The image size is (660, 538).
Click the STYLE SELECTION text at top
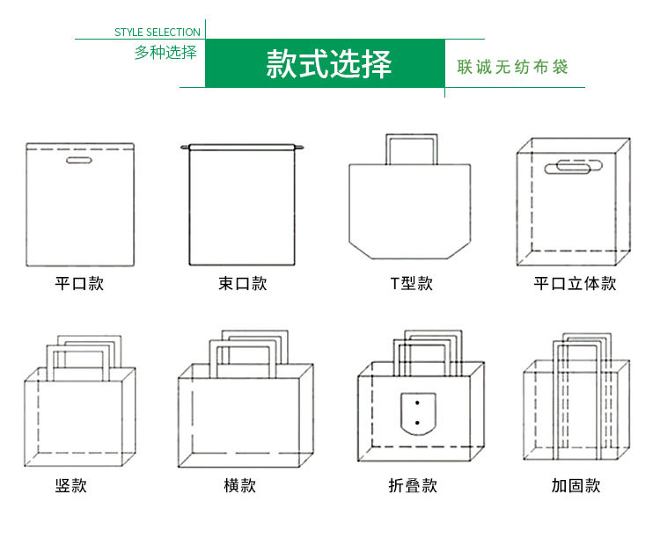pos(158,33)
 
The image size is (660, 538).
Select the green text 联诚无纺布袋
pos(512,67)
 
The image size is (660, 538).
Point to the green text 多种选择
pos(165,52)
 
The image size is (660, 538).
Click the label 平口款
pos(79,284)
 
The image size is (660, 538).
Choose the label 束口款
pos(242,284)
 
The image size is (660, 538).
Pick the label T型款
pos(412,284)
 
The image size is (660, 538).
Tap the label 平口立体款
pos(575,284)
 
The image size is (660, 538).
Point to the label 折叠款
pos(412,485)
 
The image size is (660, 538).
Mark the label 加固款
pos(576,485)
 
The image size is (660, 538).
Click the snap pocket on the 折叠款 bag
pos(419,413)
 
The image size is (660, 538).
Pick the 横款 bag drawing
pos(246,413)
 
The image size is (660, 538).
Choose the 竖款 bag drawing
pos(79,413)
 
